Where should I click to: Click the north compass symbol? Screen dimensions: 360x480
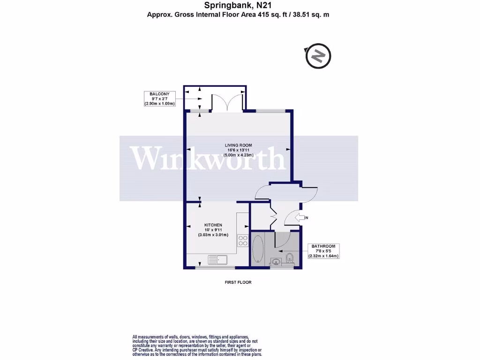click(318, 56)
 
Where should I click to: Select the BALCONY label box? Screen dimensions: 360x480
click(159, 99)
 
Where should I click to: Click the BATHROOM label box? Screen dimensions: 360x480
click(323, 251)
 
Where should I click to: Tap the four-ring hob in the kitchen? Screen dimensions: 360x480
click(243, 240)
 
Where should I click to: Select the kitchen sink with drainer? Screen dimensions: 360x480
click(217, 259)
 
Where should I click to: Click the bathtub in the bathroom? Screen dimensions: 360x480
click(258, 249)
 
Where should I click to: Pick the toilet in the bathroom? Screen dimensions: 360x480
click(289, 257)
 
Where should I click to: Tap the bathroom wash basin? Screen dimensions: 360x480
click(276, 262)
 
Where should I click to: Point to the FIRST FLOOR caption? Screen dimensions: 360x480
click(239, 283)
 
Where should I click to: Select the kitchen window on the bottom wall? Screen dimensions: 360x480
click(215, 268)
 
